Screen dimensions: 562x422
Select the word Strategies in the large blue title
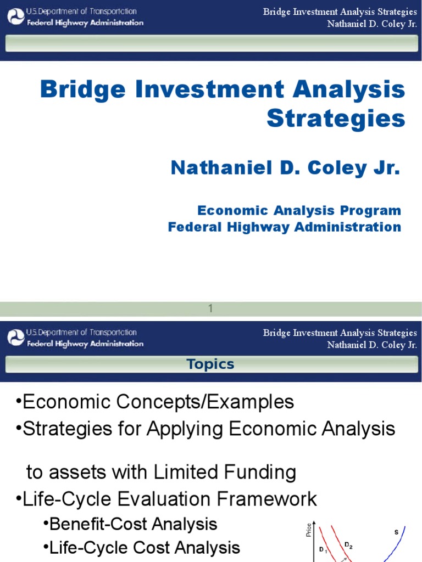[336, 118]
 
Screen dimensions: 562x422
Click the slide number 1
[210, 309]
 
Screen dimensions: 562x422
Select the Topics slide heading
[210, 364]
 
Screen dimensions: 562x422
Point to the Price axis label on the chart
[308, 530]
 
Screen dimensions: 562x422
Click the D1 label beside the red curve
[323, 549]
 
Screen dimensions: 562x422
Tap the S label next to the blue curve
[396, 532]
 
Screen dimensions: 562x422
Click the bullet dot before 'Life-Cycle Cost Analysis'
[46, 548]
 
